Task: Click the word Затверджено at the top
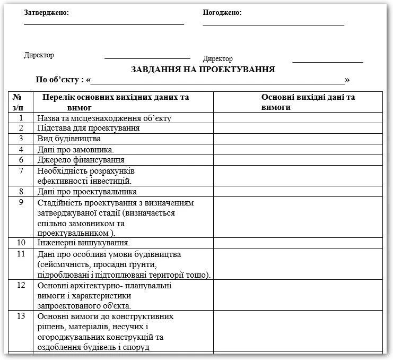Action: click(x=46, y=13)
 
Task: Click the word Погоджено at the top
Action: click(x=222, y=13)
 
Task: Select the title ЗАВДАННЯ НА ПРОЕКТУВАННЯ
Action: click(x=203, y=69)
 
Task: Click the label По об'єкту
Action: click(x=60, y=80)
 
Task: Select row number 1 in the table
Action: click(x=21, y=118)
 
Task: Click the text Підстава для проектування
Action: click(x=89, y=128)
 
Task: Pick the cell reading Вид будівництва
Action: click(x=69, y=139)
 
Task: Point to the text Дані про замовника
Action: click(x=76, y=149)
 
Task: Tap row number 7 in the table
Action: click(x=21, y=170)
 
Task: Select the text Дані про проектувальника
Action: click(x=88, y=192)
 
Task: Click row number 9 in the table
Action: click(x=21, y=202)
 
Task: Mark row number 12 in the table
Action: click(x=21, y=285)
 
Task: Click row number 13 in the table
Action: click(x=21, y=316)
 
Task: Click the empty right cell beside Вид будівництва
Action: click(x=298, y=139)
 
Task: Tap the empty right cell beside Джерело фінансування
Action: click(x=298, y=160)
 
